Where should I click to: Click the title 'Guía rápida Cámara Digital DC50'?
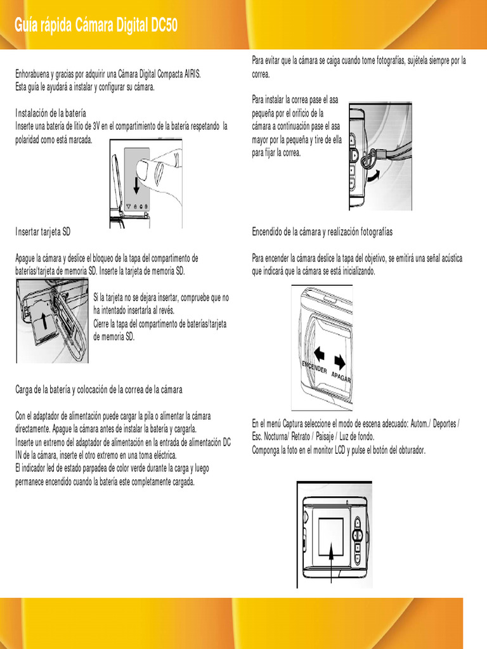tap(96, 25)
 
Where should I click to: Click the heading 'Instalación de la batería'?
tap(51, 113)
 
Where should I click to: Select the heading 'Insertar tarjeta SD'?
tap(43, 232)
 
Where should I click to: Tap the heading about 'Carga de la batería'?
tap(99, 389)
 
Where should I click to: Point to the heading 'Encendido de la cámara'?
tap(322, 232)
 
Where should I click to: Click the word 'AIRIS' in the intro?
tap(192, 74)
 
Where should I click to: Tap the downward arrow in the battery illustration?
tap(136, 184)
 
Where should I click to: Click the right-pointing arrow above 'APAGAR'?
tap(341, 362)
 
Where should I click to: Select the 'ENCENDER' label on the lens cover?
tap(314, 369)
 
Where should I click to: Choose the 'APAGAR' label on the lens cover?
tap(341, 378)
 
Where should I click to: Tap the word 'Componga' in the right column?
tap(267, 450)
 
